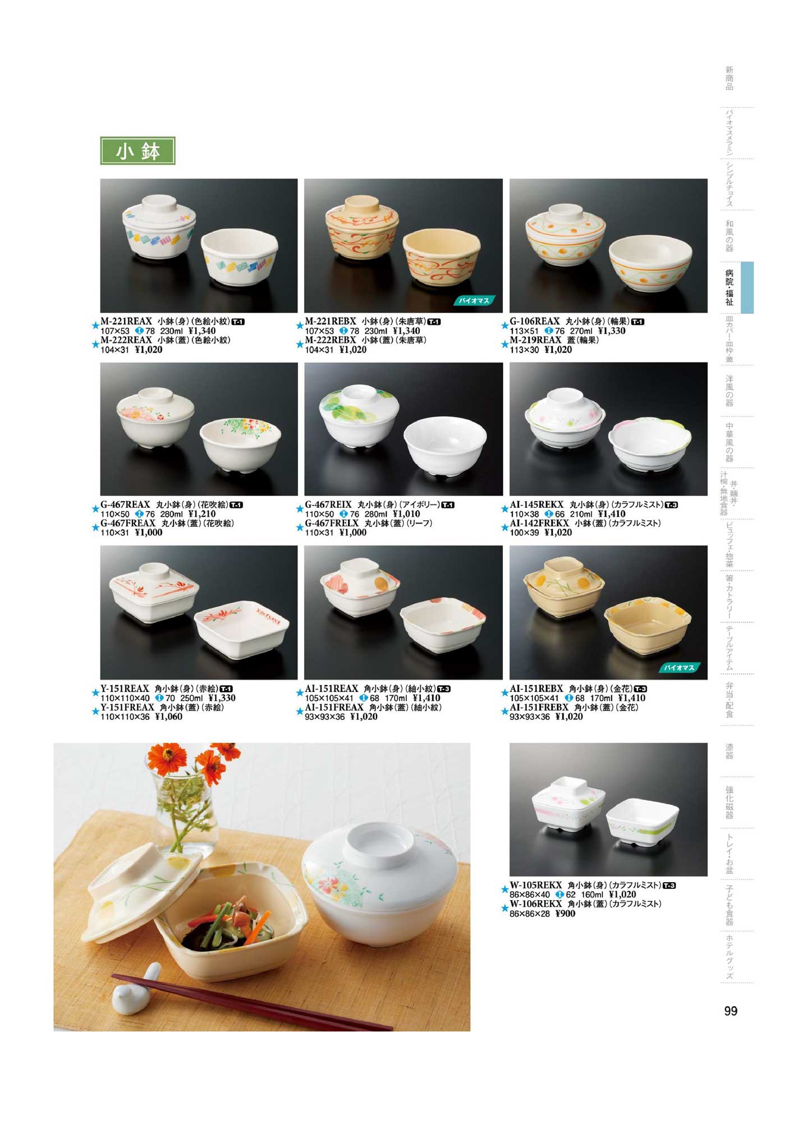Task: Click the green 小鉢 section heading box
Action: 137,151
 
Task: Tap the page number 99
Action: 730,1011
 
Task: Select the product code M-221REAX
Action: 126,322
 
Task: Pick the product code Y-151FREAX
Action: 127,708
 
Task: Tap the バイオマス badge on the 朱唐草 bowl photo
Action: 474,301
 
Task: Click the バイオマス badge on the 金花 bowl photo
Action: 680,668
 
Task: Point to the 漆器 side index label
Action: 730,751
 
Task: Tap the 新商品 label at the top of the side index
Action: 730,78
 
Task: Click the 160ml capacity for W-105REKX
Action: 592,895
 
